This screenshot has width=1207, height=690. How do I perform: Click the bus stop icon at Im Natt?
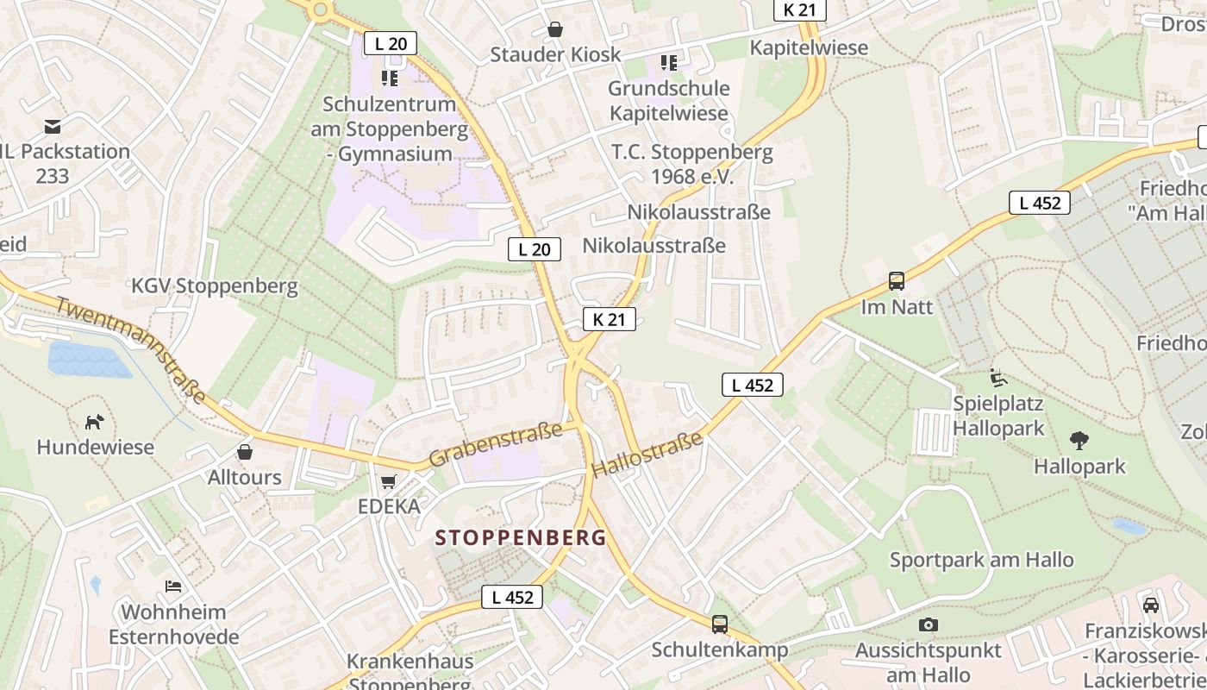(x=897, y=281)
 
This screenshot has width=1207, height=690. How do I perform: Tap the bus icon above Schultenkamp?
(x=719, y=624)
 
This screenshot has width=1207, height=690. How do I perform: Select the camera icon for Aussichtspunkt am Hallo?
(x=928, y=624)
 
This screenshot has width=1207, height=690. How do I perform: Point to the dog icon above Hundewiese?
(x=95, y=422)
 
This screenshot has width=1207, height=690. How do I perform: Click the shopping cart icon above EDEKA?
(x=389, y=481)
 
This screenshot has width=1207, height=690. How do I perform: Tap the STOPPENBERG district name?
(x=521, y=538)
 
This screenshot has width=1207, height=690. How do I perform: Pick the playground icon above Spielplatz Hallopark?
(x=997, y=378)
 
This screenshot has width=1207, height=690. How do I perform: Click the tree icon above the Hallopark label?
(x=1079, y=441)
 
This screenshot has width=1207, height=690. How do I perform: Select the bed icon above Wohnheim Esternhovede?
(x=173, y=586)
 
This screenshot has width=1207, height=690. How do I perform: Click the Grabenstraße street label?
(x=495, y=444)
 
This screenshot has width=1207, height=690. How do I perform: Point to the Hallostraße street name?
(x=647, y=455)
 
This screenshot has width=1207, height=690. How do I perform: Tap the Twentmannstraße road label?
(x=131, y=349)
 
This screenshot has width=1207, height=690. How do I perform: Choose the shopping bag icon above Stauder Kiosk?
(x=555, y=29)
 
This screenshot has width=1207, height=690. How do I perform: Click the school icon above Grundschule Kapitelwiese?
(x=668, y=63)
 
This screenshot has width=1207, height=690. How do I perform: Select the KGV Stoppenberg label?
(x=215, y=285)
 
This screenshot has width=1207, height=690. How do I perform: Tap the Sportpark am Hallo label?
(x=981, y=559)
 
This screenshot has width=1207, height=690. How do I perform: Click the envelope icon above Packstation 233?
(x=53, y=127)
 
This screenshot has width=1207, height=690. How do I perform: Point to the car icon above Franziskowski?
(x=1150, y=605)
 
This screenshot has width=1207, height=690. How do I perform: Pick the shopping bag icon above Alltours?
(x=245, y=452)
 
